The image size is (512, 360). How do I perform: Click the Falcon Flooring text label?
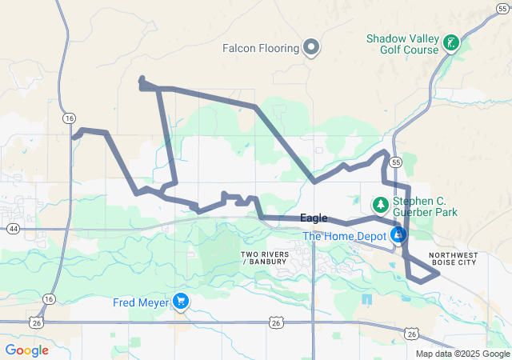click(261, 48)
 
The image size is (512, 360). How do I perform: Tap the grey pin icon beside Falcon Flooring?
click(311, 48)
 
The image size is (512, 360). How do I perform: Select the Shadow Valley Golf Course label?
click(402, 44)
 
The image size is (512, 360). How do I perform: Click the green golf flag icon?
click(451, 42)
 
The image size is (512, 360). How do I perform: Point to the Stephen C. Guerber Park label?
click(425, 206)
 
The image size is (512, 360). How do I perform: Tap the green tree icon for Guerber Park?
click(381, 204)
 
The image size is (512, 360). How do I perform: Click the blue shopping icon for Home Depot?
click(398, 235)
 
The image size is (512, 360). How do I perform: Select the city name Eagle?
click(314, 218)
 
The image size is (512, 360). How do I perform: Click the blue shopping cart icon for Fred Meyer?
click(182, 302)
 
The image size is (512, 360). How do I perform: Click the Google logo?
click(27, 350)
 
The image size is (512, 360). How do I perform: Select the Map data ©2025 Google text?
click(462, 354)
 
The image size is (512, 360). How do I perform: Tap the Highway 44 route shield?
click(13, 229)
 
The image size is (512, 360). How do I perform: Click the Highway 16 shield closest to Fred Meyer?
click(49, 298)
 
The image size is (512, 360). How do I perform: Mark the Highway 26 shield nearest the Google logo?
click(37, 322)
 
